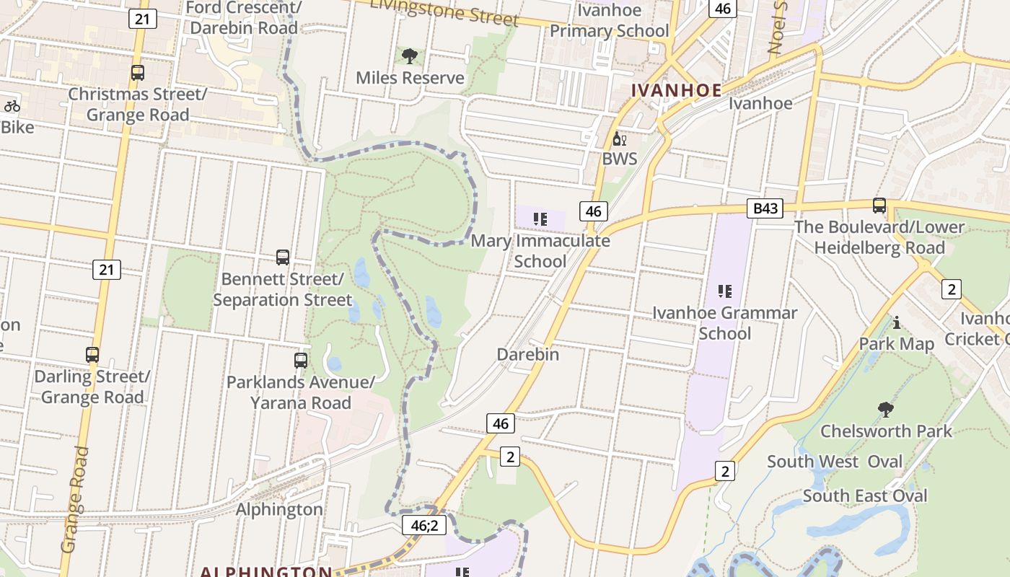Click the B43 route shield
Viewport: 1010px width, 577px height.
pyautogui.click(x=765, y=208)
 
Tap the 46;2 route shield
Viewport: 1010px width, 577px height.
pyautogui.click(x=424, y=525)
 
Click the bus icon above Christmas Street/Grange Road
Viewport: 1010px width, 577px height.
pyautogui.click(x=137, y=72)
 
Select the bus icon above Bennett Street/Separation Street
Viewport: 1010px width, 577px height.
pyautogui.click(x=283, y=257)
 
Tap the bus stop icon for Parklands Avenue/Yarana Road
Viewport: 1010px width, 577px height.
pyautogui.click(x=301, y=360)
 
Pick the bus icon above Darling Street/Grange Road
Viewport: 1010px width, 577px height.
pyautogui.click(x=92, y=354)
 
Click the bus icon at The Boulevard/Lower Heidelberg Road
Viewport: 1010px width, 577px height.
pyautogui.click(x=879, y=206)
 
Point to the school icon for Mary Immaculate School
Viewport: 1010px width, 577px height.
pyautogui.click(x=540, y=219)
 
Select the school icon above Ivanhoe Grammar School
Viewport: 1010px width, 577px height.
pyautogui.click(x=725, y=291)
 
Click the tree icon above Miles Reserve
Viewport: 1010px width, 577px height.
pyautogui.click(x=410, y=56)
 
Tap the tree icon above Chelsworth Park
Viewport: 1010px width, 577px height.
pyautogui.click(x=886, y=410)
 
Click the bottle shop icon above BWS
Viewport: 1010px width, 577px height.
pyautogui.click(x=619, y=138)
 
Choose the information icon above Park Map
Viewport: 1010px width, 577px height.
pyautogui.click(x=897, y=322)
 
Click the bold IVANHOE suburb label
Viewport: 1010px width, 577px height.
pyautogui.click(x=676, y=90)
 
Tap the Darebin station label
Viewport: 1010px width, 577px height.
pyautogui.click(x=528, y=354)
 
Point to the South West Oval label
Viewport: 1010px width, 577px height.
pyautogui.click(x=835, y=462)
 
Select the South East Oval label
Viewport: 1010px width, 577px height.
pyautogui.click(x=865, y=495)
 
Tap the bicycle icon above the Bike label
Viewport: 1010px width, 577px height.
pyautogui.click(x=12, y=106)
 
